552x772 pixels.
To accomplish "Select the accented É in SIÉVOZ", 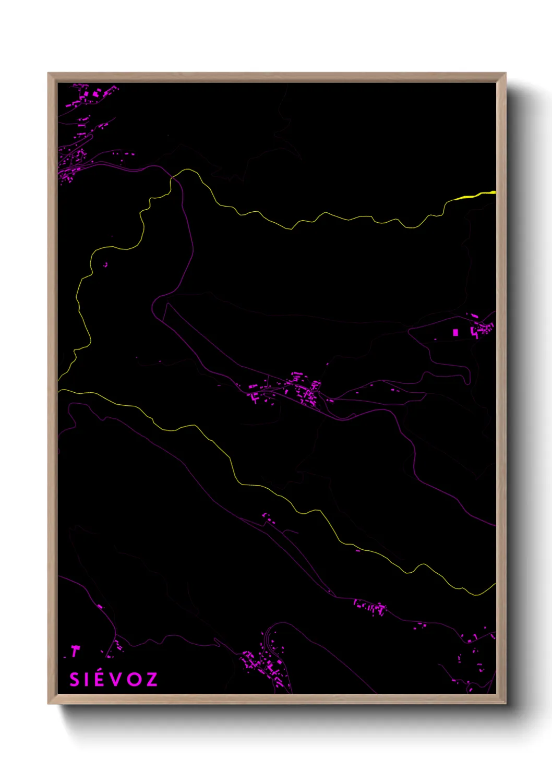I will [99, 679].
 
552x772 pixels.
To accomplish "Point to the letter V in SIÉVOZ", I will [115, 679].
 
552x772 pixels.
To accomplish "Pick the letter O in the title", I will [133, 679].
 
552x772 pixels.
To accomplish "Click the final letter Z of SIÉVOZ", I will [151, 679].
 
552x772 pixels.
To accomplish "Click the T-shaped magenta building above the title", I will [76, 651].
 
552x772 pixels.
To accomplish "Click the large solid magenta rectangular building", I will [455, 332].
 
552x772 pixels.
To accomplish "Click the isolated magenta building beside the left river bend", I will [105, 264].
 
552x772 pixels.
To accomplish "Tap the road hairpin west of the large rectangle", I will [410, 330].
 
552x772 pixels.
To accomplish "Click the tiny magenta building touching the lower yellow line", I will [358, 550].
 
